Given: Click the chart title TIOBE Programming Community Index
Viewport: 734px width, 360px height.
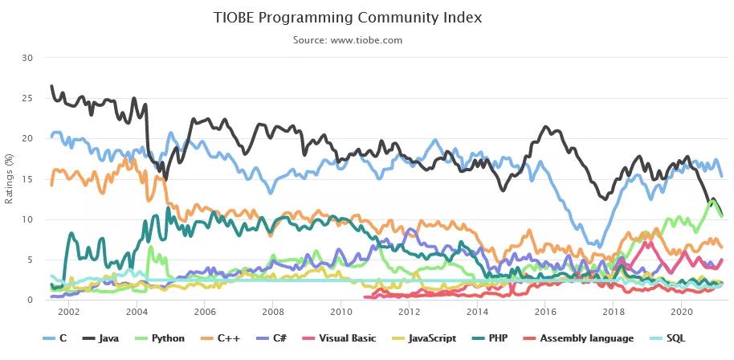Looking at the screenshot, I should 348,17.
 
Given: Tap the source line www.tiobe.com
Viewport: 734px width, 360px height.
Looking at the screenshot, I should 348,39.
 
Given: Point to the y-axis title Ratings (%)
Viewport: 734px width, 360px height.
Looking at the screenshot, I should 9,178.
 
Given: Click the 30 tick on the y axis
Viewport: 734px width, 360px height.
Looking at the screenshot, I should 28,58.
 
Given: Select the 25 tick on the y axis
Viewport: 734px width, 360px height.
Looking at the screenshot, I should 28,98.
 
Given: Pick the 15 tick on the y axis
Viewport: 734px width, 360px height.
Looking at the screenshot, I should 28,178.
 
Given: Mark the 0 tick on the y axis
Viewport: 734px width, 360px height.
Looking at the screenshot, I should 31,300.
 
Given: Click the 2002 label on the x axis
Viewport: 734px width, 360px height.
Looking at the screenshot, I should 69,311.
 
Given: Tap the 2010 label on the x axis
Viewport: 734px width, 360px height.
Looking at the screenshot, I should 341,311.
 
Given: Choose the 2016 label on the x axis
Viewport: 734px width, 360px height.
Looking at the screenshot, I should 545,311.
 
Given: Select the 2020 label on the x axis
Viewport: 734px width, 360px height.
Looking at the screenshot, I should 681,311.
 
